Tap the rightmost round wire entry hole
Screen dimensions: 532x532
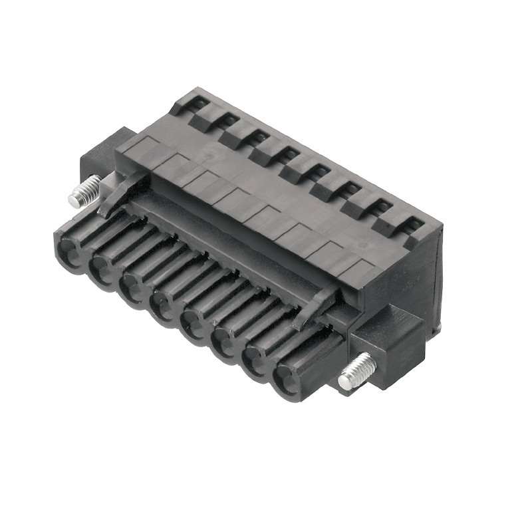pyautogui.click(x=284, y=379)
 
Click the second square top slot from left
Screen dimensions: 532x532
pyautogui.click(x=229, y=120)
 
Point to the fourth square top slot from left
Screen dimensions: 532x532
pyautogui.click(x=290, y=154)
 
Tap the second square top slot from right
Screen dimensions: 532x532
pyautogui.click(x=382, y=206)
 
